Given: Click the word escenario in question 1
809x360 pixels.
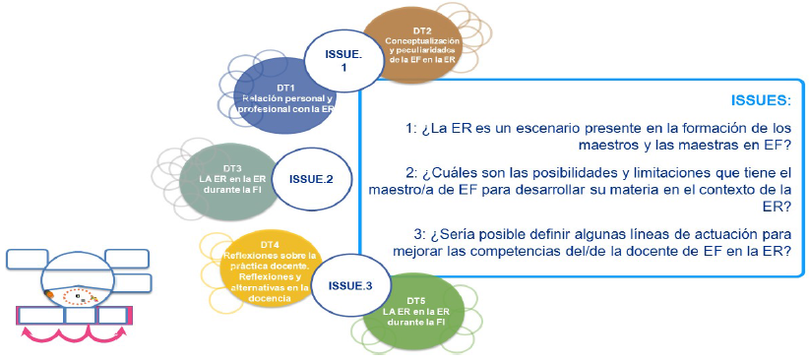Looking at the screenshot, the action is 528,129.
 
